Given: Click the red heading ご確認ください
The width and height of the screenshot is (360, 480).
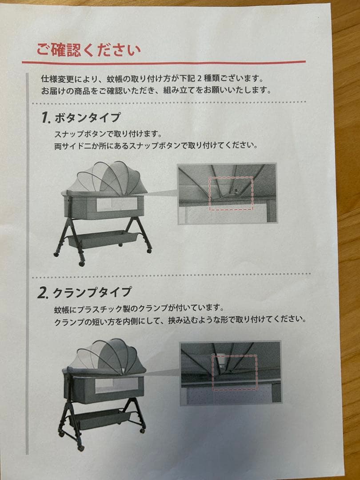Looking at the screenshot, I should pos(88,49).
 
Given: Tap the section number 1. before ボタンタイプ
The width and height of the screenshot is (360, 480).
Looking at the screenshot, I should pos(45,118).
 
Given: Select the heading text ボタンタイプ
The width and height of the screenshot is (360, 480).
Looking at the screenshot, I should pos(87,118).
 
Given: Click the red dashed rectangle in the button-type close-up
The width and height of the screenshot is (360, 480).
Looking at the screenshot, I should pos(231,193).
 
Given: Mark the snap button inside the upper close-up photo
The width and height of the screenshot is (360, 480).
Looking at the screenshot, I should pos(236,191).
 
